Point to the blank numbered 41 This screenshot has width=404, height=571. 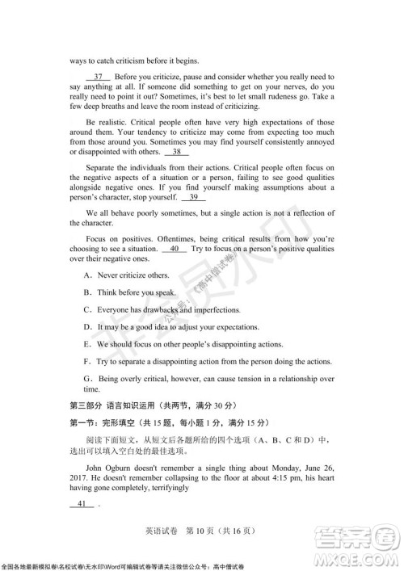coord(83,504)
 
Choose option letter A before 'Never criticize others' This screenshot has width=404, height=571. coord(87,275)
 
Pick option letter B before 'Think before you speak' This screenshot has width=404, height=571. coord(87,292)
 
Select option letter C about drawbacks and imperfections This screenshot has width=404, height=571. coord(87,310)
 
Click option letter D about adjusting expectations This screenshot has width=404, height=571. coord(87,327)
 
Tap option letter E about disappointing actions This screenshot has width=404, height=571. coord(87,344)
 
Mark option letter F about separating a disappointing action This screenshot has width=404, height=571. coord(87,362)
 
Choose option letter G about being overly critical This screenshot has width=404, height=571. coord(87,379)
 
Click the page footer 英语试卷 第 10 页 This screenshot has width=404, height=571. coord(201,530)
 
